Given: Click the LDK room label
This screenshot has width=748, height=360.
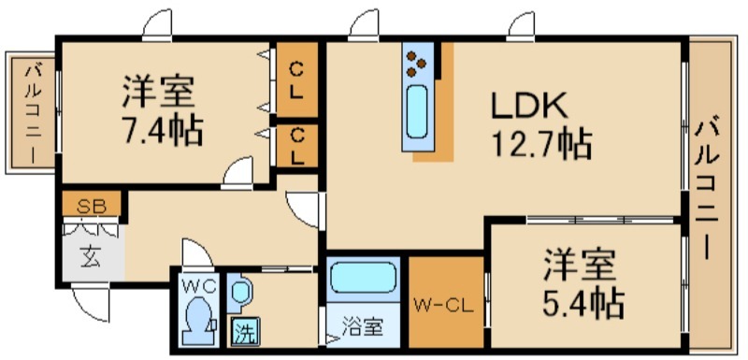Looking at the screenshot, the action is coord(529,105).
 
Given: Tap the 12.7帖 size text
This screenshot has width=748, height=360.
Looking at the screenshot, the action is coord(541,143).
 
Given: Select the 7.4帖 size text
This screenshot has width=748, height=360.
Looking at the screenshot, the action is coord(163,130).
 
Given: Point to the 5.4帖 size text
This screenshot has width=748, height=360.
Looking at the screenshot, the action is coord(583,302).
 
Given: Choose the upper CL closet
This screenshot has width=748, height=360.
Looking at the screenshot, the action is coord(296,79).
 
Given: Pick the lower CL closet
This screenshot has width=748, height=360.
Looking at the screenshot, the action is coord(296,147).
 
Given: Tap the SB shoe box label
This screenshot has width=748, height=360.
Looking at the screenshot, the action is coord(92,207).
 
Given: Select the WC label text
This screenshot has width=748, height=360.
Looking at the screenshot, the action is coord(198,286).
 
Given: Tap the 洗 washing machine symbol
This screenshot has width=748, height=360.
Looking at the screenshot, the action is coord(246,331).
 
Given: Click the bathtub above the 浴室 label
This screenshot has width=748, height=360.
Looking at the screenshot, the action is coord(363,279).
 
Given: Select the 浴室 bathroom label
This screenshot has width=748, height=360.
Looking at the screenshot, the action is coord(363,328).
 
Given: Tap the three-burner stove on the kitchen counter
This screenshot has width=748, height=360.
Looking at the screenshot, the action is coord(417,64).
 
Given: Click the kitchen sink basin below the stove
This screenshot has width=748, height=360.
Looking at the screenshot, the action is coord(418,112).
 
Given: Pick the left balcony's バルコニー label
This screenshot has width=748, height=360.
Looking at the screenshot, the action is coord(33,112).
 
